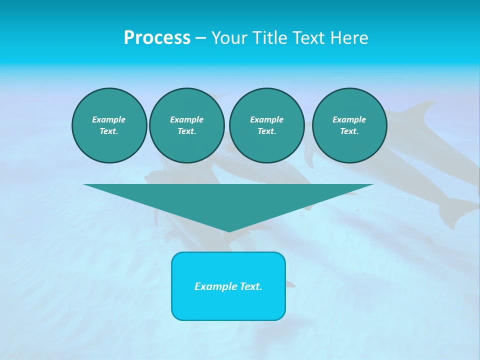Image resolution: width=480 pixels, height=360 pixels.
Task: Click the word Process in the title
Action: pyautogui.click(x=157, y=38)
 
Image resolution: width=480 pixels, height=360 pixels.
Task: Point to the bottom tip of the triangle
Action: pyautogui.click(x=228, y=231)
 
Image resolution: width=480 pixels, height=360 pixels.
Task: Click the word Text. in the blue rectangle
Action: pyautogui.click(x=251, y=286)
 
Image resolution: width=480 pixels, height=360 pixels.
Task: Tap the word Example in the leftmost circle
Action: pyautogui.click(x=109, y=119)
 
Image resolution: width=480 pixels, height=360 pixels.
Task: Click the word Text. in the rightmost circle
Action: pyautogui.click(x=349, y=131)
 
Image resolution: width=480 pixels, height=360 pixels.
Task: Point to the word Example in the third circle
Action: pyautogui.click(x=266, y=119)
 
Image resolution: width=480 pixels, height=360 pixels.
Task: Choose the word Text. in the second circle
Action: pyautogui.click(x=187, y=131)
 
